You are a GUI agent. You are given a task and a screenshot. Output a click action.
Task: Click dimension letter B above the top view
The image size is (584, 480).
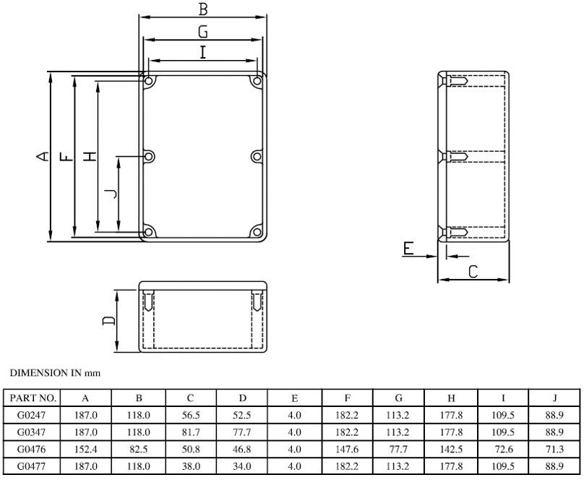pos(203,9)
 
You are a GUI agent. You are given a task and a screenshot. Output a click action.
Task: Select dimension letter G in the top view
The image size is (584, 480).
pos(203,31)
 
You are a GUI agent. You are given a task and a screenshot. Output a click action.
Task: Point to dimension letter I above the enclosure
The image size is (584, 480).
pos(203,52)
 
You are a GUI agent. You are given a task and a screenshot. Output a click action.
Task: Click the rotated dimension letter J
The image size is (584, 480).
pos(109,193)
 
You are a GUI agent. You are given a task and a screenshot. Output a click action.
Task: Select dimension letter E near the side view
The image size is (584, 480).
pos(408,249)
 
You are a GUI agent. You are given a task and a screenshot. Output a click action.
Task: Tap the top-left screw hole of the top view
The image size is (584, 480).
pos(148,82)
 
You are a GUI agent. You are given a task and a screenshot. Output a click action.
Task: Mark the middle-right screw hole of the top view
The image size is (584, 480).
pos(257,156)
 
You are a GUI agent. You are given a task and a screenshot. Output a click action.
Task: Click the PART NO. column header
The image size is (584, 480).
pos(33,398)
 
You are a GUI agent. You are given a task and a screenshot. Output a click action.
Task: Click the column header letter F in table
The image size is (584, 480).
pos(348,398)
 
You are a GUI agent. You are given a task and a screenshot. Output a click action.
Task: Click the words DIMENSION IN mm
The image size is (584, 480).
pos(54,373)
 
